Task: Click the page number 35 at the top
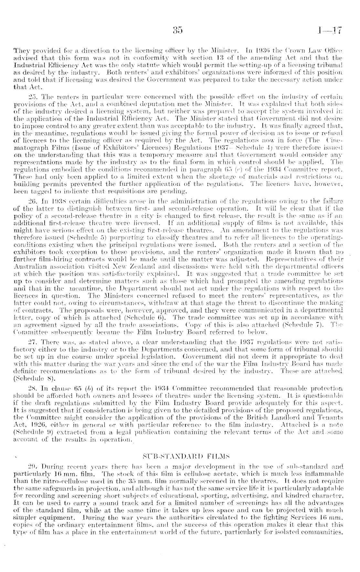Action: click(178, 30)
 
